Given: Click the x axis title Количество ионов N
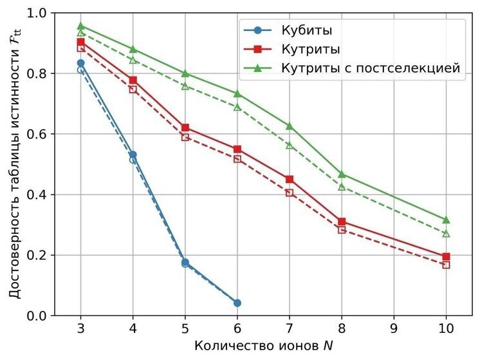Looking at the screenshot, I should [x=264, y=346].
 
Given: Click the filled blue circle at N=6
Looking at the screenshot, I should [x=237, y=303].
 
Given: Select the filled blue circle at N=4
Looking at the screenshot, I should [x=133, y=155].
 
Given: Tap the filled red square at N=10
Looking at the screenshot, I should [x=446, y=256].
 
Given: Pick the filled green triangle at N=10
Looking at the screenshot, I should [x=446, y=220].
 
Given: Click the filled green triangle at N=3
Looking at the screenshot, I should [x=81, y=26].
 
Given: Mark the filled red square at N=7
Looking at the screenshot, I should [x=290, y=179].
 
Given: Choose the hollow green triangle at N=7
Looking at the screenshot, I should [x=290, y=146].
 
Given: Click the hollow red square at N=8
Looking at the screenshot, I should [x=342, y=229].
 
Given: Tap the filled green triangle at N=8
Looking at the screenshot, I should [x=342, y=174].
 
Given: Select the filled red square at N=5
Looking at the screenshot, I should [x=185, y=128].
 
